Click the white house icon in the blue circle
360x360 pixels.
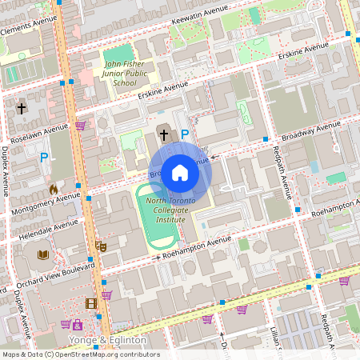(x=180, y=172)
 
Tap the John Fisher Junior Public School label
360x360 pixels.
(x=124, y=71)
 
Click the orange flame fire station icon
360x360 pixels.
(x=53, y=190)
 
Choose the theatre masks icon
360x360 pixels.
(x=101, y=246)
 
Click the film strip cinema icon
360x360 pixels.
(x=91, y=303)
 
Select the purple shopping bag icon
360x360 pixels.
(x=77, y=325)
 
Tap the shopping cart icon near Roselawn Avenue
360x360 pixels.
(x=80, y=126)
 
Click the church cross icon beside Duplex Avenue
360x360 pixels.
(x=22, y=106)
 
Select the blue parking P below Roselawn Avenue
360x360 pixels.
(x=44, y=158)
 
